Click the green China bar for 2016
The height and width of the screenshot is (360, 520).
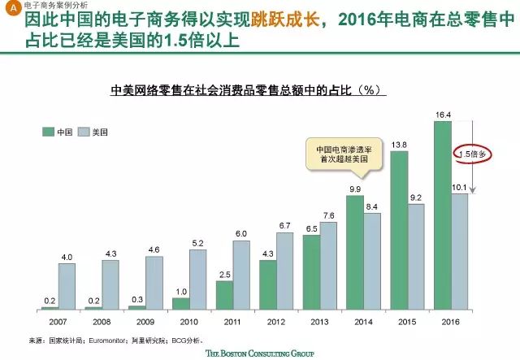(443, 216)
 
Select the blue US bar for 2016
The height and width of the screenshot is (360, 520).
(460, 251)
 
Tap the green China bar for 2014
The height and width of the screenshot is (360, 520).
(355, 253)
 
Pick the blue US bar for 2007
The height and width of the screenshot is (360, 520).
(67, 286)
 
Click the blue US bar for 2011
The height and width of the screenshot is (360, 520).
(242, 275)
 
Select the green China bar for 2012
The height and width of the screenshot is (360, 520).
(268, 284)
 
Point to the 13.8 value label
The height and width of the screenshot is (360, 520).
(399, 145)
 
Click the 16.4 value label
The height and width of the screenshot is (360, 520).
(443, 116)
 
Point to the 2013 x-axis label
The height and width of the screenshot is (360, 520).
(320, 320)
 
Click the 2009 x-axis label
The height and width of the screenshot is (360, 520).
(145, 320)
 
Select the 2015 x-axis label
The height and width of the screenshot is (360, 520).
(408, 320)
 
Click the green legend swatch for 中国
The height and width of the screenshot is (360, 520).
(49, 131)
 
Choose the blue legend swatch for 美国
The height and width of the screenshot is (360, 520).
(84, 131)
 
